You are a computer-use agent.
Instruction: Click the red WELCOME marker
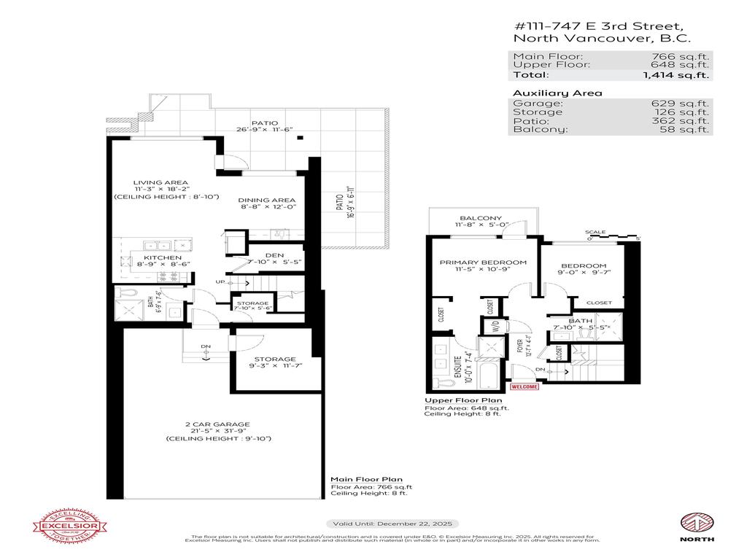(x=525, y=386)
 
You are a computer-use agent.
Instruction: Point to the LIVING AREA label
(x=160, y=182)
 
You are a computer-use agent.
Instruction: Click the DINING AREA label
(x=267, y=200)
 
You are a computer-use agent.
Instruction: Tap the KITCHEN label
(x=158, y=258)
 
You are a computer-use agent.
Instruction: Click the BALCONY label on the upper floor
(x=480, y=218)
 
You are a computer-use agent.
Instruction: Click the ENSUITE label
(x=458, y=362)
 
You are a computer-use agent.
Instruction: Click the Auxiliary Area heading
(x=557, y=93)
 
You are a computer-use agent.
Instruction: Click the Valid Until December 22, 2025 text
(x=392, y=524)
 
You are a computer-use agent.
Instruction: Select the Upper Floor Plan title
(x=463, y=400)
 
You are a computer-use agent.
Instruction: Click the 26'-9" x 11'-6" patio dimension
(x=266, y=131)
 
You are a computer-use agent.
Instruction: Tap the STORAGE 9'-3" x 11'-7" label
(x=275, y=359)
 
